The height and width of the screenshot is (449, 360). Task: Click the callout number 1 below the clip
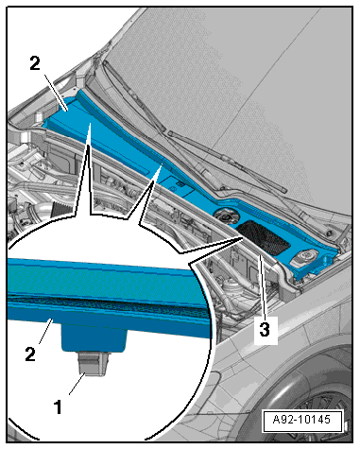point(59,406)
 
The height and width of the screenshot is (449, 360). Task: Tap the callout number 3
point(265,329)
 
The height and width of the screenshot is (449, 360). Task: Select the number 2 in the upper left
point(35,63)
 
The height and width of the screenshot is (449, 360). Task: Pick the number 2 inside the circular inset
point(30,354)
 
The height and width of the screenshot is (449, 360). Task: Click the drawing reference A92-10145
point(301,420)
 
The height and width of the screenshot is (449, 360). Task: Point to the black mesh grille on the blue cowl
point(264,237)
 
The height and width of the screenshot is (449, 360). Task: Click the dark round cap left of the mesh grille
point(226,216)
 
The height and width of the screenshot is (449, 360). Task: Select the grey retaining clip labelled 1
point(94,364)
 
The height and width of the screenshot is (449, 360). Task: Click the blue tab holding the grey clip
point(94,338)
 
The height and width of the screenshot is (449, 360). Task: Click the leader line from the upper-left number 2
point(56,93)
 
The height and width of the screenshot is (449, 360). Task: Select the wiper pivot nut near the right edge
point(330,233)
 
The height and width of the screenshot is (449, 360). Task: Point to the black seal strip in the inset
point(107,303)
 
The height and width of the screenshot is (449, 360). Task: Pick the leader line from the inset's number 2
point(45,331)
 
